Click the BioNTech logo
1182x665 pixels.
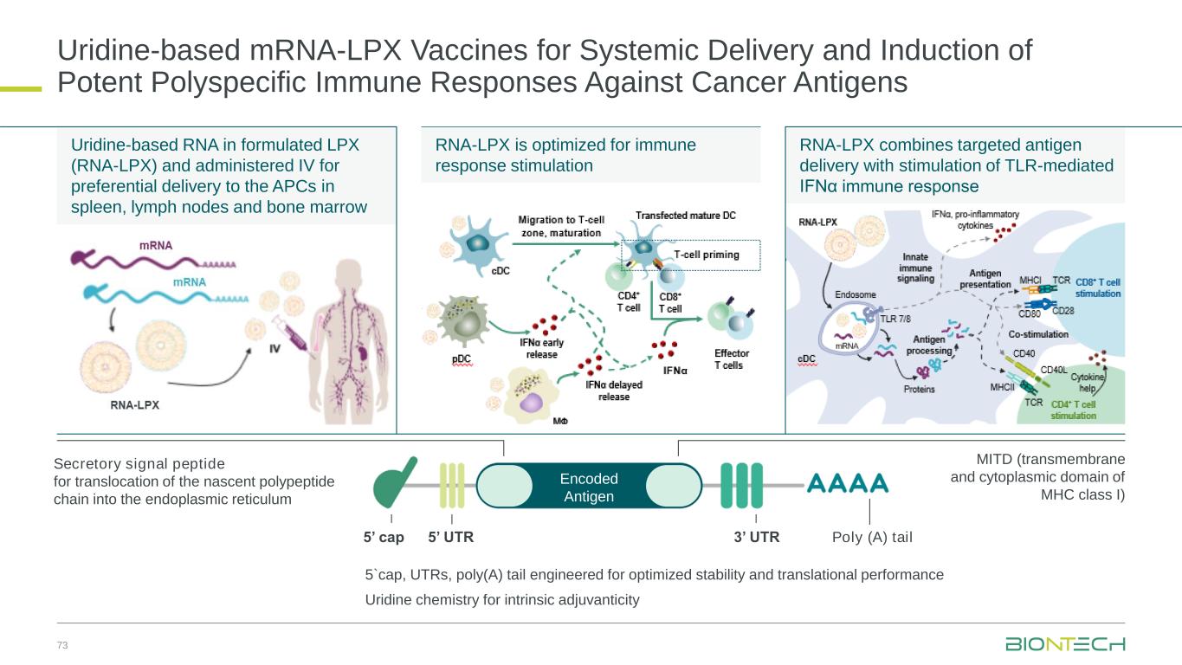1065,644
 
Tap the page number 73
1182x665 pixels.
61,645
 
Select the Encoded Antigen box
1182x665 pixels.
589,488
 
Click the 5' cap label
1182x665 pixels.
384,537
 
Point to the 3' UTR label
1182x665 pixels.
757,537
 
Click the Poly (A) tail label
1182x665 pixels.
872,537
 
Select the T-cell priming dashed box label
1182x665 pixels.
707,255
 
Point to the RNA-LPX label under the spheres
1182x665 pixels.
134,404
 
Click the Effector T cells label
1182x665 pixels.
732,359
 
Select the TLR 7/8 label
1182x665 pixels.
895,319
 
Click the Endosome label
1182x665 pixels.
855,294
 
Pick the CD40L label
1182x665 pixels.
1053,370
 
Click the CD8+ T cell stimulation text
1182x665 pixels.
1098,287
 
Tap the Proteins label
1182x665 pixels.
919,390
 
